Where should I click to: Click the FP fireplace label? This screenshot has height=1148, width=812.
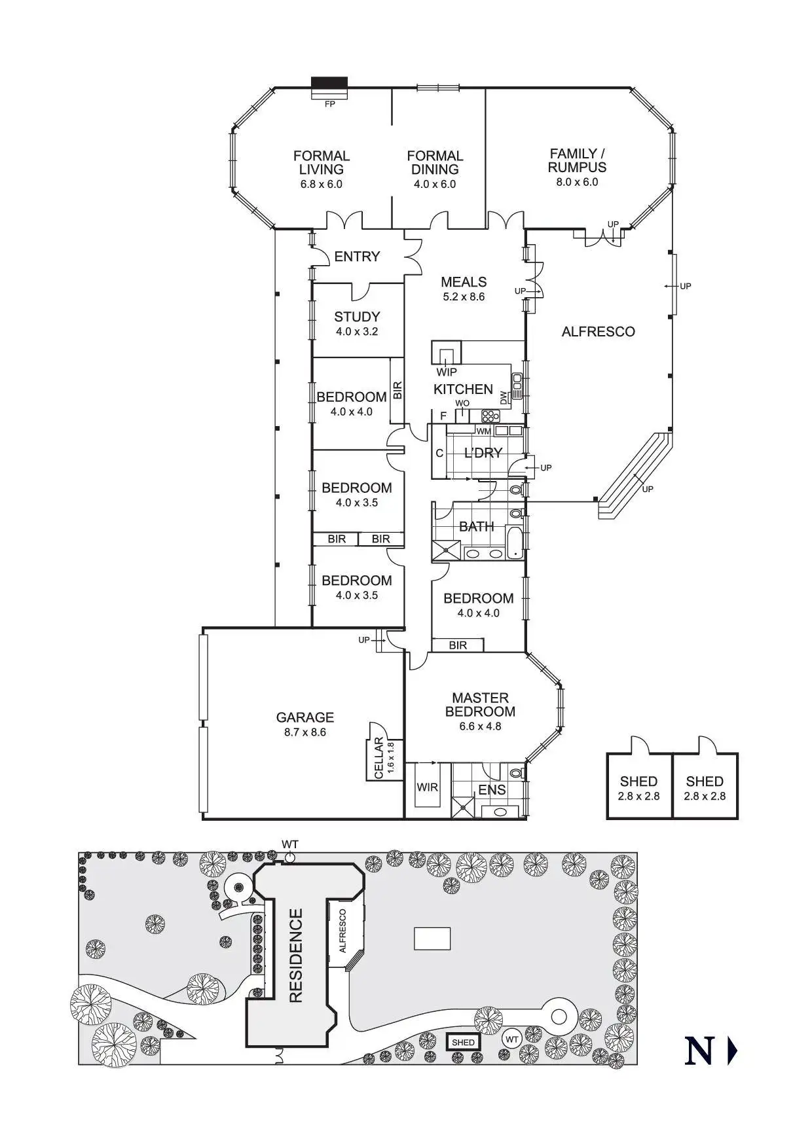(329, 103)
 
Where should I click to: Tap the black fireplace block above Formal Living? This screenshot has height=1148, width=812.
(329, 85)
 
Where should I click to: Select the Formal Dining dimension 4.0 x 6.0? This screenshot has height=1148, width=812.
(435, 184)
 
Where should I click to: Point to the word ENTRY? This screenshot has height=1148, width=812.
(357, 257)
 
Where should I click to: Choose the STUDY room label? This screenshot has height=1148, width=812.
(357, 317)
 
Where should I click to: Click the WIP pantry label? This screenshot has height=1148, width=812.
(447, 372)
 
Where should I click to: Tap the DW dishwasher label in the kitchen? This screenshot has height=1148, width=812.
(504, 397)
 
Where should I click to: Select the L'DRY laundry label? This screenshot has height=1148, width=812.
(483, 453)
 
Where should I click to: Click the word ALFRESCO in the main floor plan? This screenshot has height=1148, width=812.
(598, 332)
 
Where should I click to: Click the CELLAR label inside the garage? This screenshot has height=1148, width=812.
(378, 758)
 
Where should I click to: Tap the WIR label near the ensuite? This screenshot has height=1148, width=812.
(428, 787)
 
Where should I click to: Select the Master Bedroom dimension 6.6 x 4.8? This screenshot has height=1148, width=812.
(480, 726)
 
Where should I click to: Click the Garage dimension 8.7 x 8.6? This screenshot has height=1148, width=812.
(304, 732)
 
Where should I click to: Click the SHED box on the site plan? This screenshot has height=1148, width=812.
(463, 1042)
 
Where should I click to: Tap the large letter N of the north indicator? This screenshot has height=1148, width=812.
(699, 1050)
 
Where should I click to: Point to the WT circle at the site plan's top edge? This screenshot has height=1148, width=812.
(290, 857)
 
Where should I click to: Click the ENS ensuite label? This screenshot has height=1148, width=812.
(492, 790)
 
